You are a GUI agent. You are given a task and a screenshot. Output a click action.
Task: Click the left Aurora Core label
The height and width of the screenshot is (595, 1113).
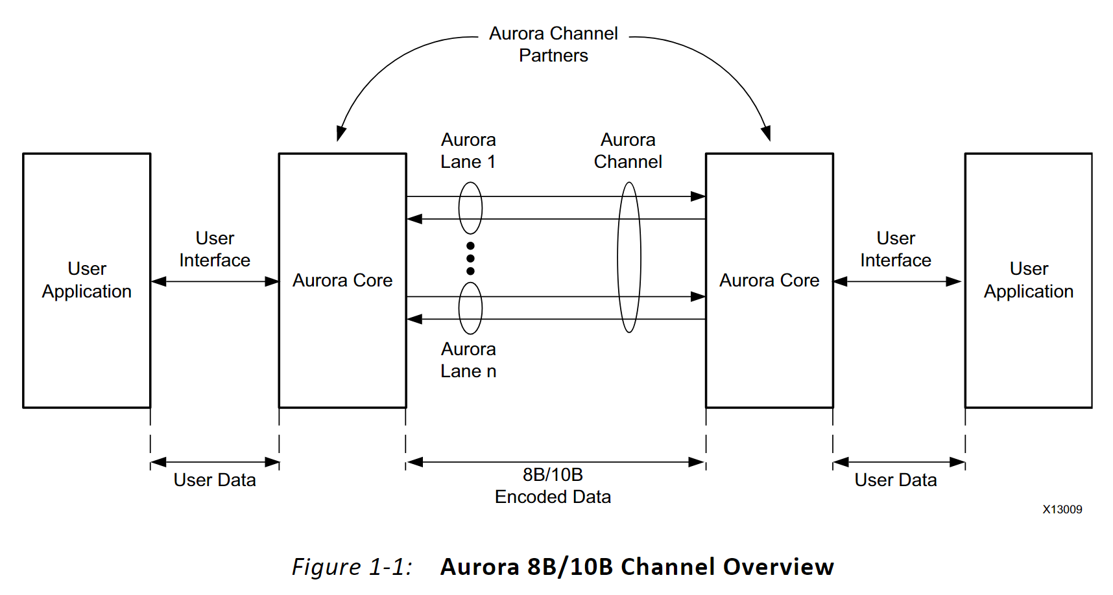(x=342, y=280)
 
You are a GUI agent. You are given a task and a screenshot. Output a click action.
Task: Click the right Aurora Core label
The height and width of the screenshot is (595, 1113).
(x=769, y=280)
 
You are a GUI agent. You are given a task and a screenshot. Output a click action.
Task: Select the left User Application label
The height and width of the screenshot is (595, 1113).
(x=87, y=280)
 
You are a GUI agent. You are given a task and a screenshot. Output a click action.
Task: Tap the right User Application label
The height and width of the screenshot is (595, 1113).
(x=1029, y=280)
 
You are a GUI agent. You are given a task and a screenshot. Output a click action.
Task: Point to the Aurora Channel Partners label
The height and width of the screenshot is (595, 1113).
(x=553, y=44)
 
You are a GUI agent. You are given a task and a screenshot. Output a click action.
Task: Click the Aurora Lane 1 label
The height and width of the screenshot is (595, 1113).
(x=468, y=150)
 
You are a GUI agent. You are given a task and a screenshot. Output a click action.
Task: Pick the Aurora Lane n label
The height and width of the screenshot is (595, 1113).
(x=468, y=360)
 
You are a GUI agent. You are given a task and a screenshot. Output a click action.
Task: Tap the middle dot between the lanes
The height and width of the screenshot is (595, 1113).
(x=470, y=258)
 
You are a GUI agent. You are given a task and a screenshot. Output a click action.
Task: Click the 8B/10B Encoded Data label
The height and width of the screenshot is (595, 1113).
(x=553, y=485)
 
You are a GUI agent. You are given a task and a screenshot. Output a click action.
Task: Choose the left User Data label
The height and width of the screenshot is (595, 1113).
(x=215, y=480)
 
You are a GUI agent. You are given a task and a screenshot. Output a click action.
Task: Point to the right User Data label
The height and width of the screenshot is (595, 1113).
(x=896, y=480)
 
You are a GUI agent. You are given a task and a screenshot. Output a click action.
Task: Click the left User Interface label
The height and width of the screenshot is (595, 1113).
(x=215, y=249)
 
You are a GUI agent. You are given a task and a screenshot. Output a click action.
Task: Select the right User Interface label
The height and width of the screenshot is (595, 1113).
(x=896, y=249)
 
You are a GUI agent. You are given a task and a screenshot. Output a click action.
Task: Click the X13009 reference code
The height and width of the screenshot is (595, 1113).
(x=1062, y=509)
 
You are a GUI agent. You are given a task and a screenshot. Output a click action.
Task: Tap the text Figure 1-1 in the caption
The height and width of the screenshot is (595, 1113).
(x=352, y=566)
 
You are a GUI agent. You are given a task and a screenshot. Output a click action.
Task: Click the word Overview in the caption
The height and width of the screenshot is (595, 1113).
(x=778, y=566)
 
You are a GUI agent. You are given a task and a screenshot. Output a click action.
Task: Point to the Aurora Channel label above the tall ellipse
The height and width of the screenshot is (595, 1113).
(x=628, y=150)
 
